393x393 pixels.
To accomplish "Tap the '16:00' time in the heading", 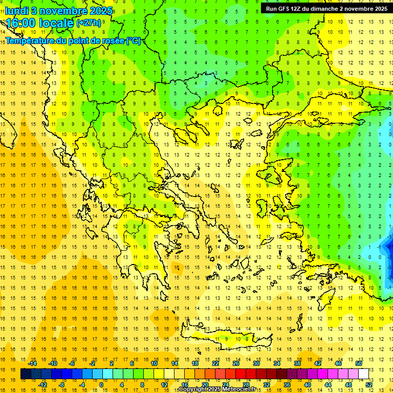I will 20,23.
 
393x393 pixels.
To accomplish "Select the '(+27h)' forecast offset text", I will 89,23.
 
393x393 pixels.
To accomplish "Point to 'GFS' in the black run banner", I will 286,9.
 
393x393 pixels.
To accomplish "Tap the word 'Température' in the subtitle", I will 30,40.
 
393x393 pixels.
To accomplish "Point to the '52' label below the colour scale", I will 368,385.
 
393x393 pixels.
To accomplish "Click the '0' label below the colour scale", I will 101,385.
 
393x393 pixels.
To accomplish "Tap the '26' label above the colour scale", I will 236,363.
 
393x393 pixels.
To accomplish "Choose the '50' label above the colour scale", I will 358,363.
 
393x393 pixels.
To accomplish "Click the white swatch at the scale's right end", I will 363,374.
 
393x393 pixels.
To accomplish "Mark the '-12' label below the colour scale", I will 42,385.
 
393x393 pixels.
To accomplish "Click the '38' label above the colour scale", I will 297,363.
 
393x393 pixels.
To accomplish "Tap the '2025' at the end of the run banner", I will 379,9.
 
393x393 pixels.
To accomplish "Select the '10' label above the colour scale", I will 154,363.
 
